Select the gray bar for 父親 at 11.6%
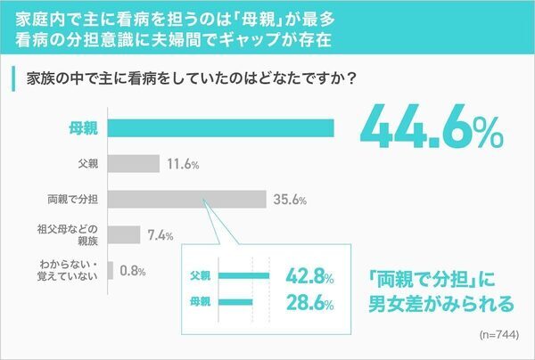pyautogui.click(x=134, y=164)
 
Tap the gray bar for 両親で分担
pyautogui.click(x=187, y=199)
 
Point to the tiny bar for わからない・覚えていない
pyautogui.click(x=110, y=269)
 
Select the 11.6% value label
pyautogui.click(x=182, y=165)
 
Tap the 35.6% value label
pyautogui.click(x=290, y=200)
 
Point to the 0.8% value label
pyautogui.click(x=131, y=270)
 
